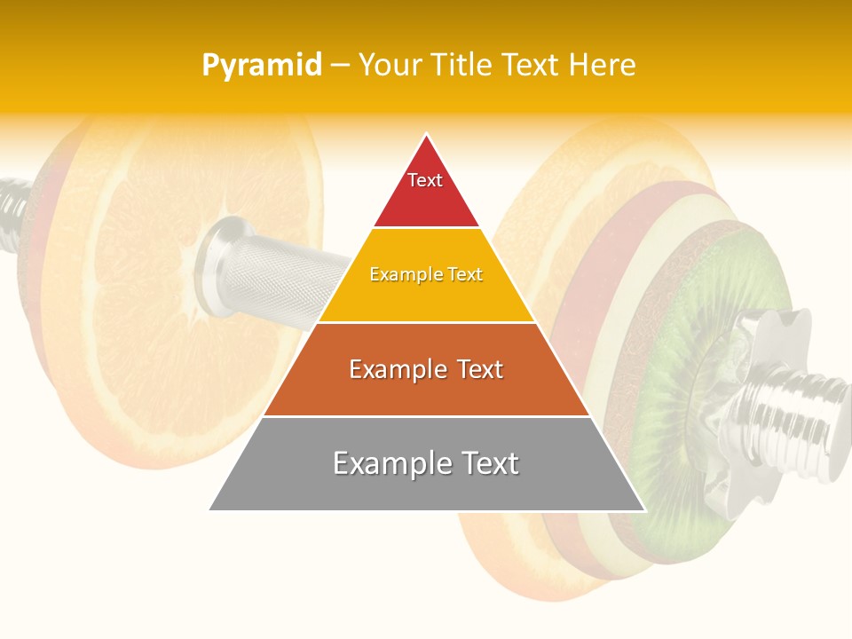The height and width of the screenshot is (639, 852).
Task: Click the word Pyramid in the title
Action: click(x=261, y=66)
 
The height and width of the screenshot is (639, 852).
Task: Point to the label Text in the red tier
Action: click(x=425, y=180)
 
